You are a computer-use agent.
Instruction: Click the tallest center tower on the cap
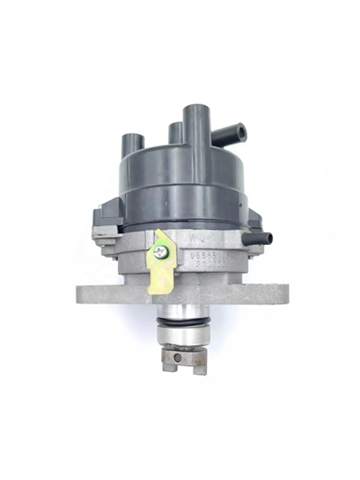click(196, 131)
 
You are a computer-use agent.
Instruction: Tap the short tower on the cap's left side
click(132, 148)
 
